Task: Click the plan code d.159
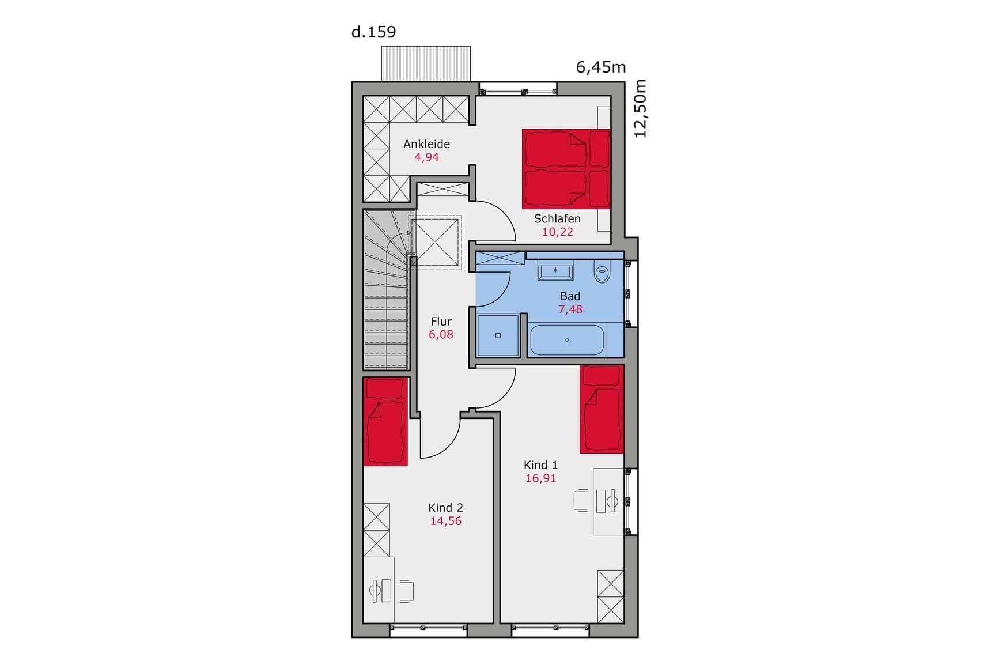pyautogui.click(x=373, y=32)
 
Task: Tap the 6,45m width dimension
pyautogui.click(x=601, y=67)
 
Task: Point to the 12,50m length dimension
pyautogui.click(x=640, y=108)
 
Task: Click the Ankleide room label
pyautogui.click(x=426, y=144)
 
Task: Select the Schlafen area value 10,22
pyautogui.click(x=557, y=232)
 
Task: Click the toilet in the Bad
pyautogui.click(x=602, y=273)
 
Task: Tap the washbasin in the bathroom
pyautogui.click(x=555, y=271)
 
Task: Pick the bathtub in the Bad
pyautogui.click(x=567, y=340)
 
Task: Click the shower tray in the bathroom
pyautogui.click(x=498, y=335)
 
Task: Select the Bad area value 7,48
pyautogui.click(x=570, y=309)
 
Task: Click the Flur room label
pyautogui.click(x=441, y=322)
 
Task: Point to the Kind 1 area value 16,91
pyautogui.click(x=541, y=478)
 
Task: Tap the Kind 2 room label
pyautogui.click(x=445, y=508)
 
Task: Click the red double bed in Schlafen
pyautogui.click(x=566, y=168)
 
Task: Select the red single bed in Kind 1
pyautogui.click(x=602, y=409)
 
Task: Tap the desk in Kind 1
pyautogui.click(x=608, y=501)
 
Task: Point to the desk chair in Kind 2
pyautogui.click(x=406, y=591)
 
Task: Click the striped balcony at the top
pyautogui.click(x=426, y=64)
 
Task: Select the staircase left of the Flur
pyautogui.click(x=386, y=289)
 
